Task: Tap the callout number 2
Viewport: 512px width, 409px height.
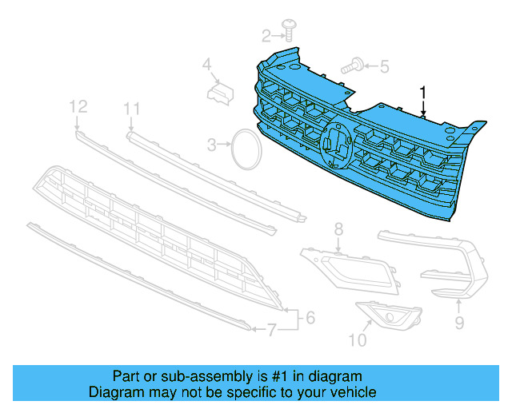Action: (267, 34)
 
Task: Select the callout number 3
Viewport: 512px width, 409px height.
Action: (212, 145)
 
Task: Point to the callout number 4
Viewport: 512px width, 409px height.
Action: (206, 64)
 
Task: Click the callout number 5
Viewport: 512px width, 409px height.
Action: (384, 67)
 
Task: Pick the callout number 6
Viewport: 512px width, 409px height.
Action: (310, 318)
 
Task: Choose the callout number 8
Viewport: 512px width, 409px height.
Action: (338, 230)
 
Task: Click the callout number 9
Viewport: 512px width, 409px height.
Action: (458, 322)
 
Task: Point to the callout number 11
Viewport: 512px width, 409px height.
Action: (132, 109)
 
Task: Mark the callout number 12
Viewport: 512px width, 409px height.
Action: (77, 106)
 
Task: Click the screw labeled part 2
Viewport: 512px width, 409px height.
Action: (288, 32)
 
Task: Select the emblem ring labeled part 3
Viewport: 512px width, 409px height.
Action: (246, 149)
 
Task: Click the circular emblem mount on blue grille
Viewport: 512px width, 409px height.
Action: (335, 145)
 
